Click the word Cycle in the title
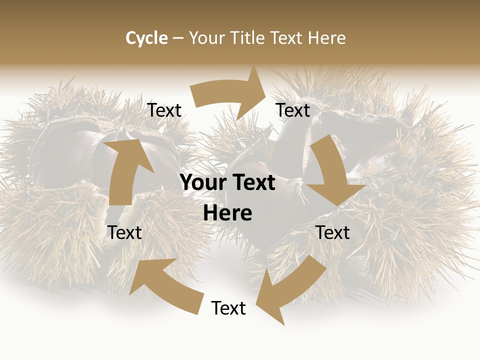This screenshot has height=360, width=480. click(x=146, y=38)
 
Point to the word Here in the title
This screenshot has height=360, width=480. click(x=327, y=38)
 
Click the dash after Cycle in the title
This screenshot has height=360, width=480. click(x=178, y=38)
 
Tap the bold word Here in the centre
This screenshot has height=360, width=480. click(x=227, y=213)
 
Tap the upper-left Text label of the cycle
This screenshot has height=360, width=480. click(x=164, y=110)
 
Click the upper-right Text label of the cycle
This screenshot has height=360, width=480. click(x=293, y=110)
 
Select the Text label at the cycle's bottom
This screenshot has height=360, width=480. click(x=228, y=308)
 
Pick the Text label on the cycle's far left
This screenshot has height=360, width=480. click(x=125, y=232)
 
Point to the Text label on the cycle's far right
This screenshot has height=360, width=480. click(x=332, y=232)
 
